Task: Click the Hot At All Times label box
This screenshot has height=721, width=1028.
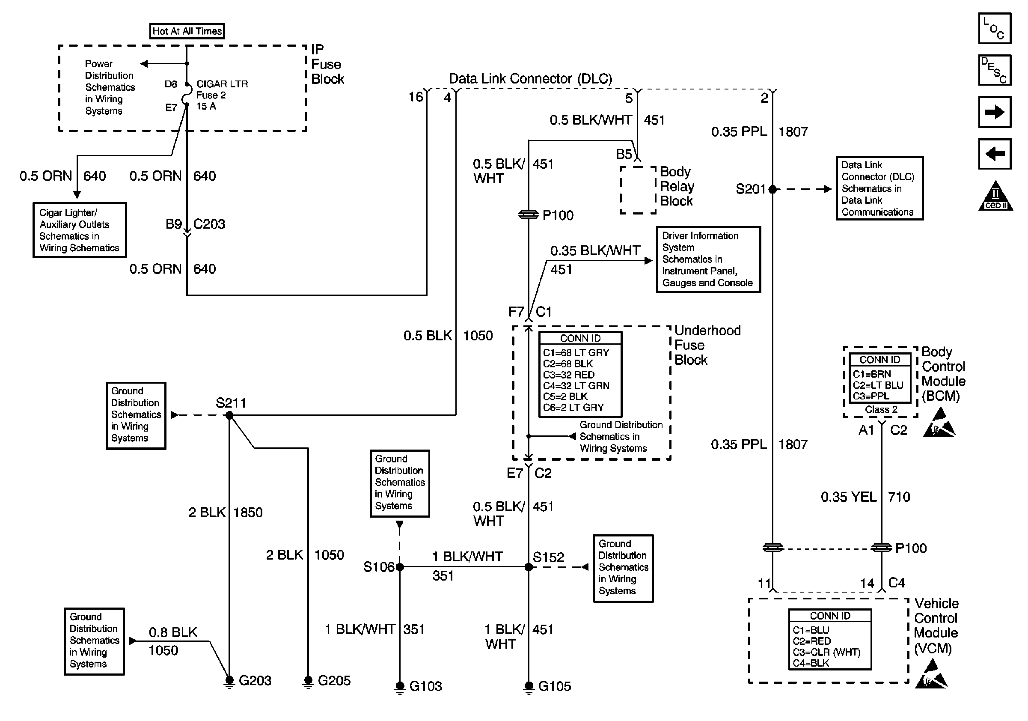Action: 187,31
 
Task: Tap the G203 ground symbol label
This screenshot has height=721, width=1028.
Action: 255,680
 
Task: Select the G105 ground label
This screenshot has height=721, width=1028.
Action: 554,686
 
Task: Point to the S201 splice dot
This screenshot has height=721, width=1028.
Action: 772,189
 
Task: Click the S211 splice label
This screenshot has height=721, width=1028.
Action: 231,402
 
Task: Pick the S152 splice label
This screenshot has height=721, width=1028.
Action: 549,557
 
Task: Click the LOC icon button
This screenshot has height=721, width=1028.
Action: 995,29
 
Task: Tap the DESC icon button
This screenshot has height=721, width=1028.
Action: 995,70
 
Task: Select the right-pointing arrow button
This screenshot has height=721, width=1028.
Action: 995,111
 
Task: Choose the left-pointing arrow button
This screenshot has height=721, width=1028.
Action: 995,154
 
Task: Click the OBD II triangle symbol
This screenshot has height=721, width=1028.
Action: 995,197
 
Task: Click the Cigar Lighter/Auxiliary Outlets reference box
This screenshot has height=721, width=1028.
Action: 80,230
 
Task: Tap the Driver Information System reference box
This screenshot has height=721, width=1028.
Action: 708,259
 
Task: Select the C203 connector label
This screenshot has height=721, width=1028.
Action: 209,224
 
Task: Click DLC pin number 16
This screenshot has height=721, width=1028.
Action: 416,97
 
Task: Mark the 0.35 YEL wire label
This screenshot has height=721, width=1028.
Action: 848,497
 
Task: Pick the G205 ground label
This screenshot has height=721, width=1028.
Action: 334,680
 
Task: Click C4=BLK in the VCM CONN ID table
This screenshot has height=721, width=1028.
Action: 811,663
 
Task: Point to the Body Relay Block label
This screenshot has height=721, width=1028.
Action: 677,186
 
